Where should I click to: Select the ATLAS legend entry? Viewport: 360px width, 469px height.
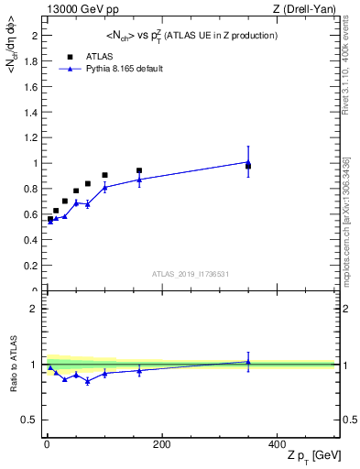point(96,56)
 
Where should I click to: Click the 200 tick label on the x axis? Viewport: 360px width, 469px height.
point(161,444)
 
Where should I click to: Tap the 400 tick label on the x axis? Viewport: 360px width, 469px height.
point(277,444)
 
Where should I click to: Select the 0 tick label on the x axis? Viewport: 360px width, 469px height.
point(46,444)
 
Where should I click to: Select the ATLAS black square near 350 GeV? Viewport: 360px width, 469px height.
point(248,166)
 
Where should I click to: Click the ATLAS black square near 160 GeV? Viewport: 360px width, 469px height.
point(138,170)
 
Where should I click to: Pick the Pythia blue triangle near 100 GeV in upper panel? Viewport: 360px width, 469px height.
point(104,187)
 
